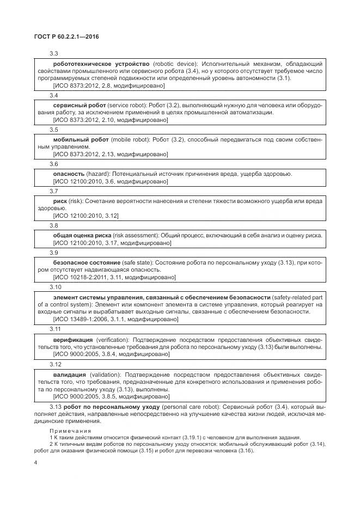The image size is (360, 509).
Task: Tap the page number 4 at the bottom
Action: coord(35,463)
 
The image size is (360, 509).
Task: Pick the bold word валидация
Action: coord(70,375)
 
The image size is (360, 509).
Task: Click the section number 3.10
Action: coord(56,286)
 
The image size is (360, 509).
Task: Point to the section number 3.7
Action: coord(54,191)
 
